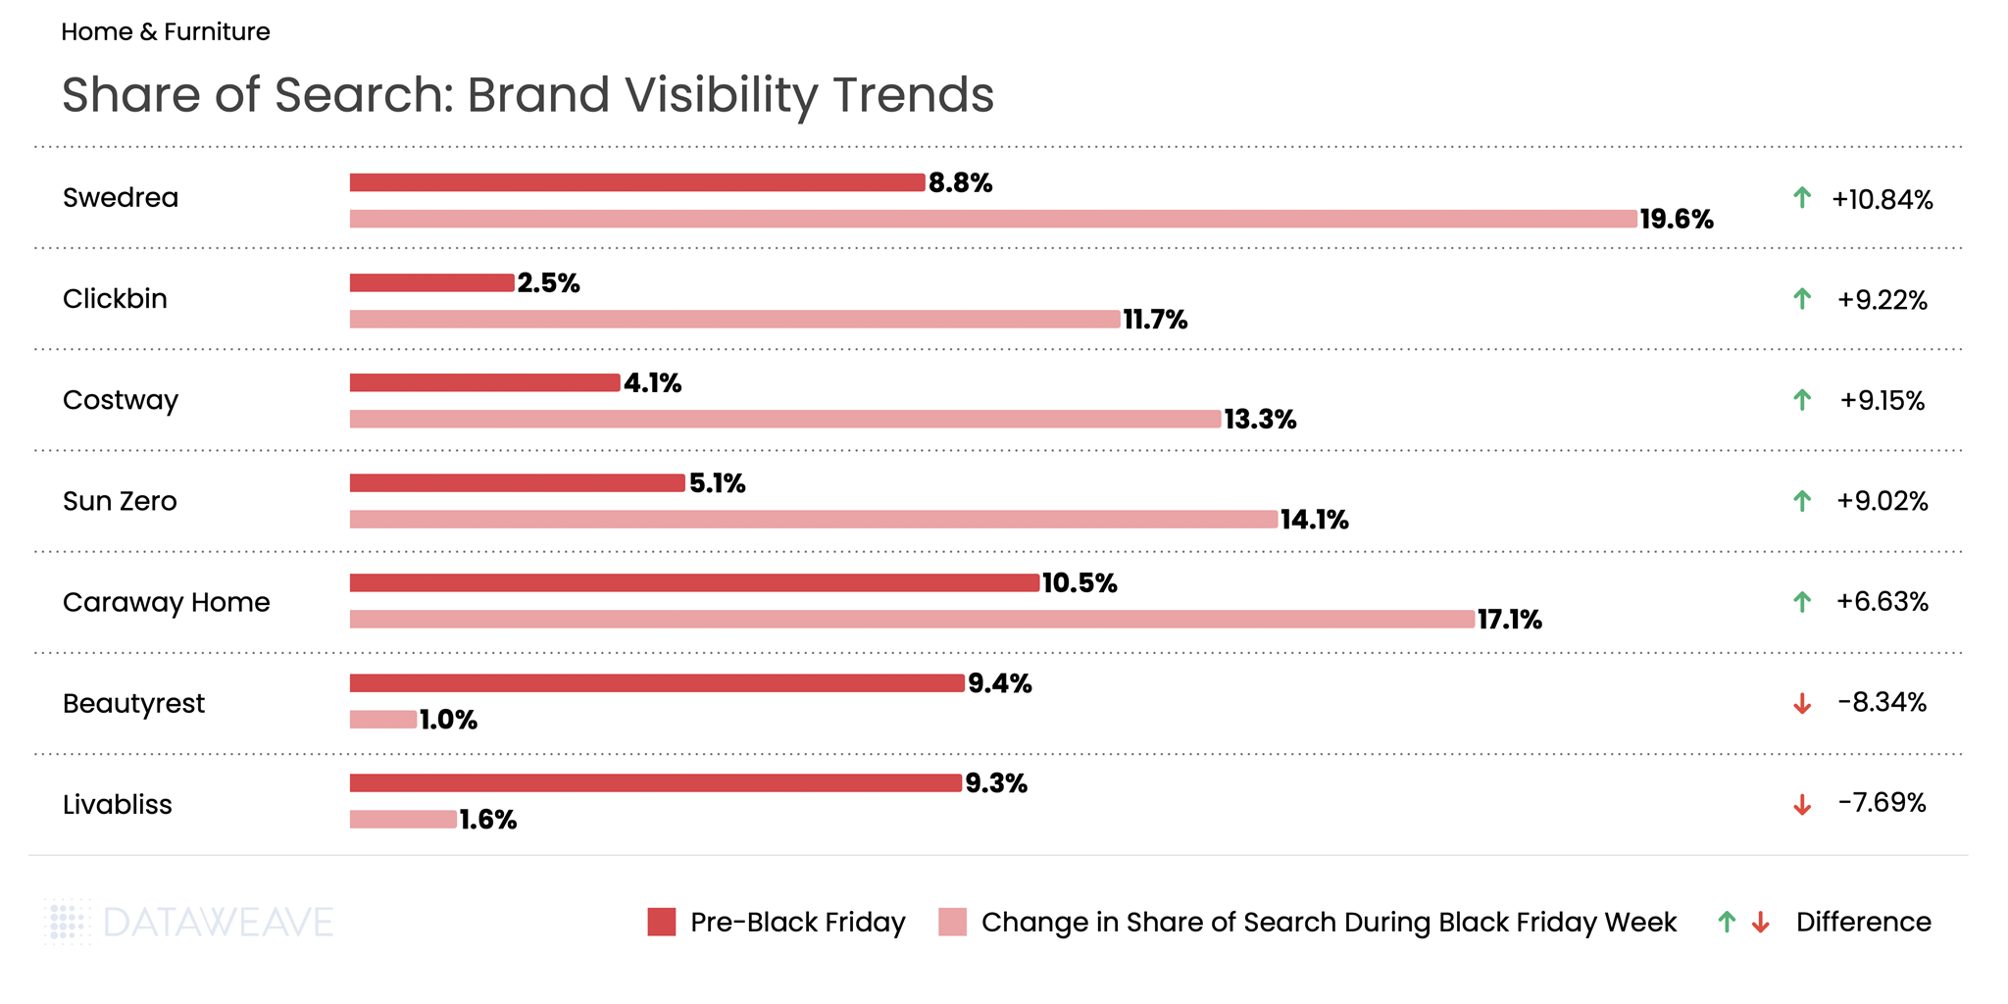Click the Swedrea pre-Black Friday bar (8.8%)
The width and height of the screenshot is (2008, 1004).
tap(637, 182)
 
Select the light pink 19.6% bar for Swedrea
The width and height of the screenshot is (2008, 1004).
tap(992, 219)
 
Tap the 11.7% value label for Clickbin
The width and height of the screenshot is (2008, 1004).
tap(1155, 320)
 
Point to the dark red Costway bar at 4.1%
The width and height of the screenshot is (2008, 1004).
tap(484, 382)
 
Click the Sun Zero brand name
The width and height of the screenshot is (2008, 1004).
tap(120, 501)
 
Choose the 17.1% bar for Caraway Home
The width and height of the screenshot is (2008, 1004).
tap(912, 619)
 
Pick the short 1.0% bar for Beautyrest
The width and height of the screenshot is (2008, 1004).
tap(383, 720)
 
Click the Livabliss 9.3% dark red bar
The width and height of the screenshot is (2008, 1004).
tap(655, 782)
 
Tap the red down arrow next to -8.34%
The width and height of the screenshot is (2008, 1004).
tap(1801, 704)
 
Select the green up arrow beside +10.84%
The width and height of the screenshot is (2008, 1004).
tap(1801, 198)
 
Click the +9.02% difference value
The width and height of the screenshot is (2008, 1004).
tap(1882, 501)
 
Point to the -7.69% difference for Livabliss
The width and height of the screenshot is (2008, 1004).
tap(1882, 803)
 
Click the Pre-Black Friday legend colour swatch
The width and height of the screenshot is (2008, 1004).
tap(662, 922)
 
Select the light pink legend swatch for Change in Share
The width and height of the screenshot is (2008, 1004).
tap(952, 922)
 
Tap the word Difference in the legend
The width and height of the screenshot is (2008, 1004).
tap(1863, 922)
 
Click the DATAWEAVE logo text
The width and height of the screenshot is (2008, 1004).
tap(218, 923)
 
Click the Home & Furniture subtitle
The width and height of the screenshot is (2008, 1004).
tap(166, 32)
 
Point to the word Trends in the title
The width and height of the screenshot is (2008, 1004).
tap(913, 95)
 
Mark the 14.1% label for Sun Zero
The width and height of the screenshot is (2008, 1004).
tap(1314, 520)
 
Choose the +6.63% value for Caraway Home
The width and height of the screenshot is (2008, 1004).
tap(1882, 601)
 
